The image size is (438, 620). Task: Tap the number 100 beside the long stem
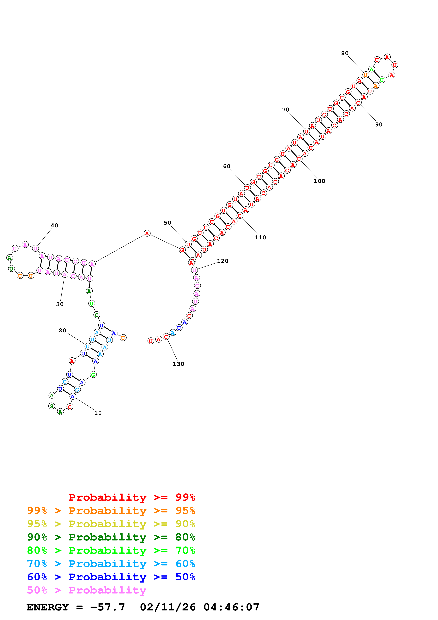319,181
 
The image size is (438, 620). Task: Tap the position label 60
227,166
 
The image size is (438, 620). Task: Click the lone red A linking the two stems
147,233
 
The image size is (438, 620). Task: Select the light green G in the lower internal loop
93,375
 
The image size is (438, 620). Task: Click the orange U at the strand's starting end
123,338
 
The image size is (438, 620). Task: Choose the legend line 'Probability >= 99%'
132,497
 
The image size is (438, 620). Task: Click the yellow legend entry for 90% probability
111,524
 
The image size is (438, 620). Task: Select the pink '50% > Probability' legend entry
87,590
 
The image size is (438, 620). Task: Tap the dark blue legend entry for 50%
111,577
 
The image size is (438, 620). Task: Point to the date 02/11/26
168,607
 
